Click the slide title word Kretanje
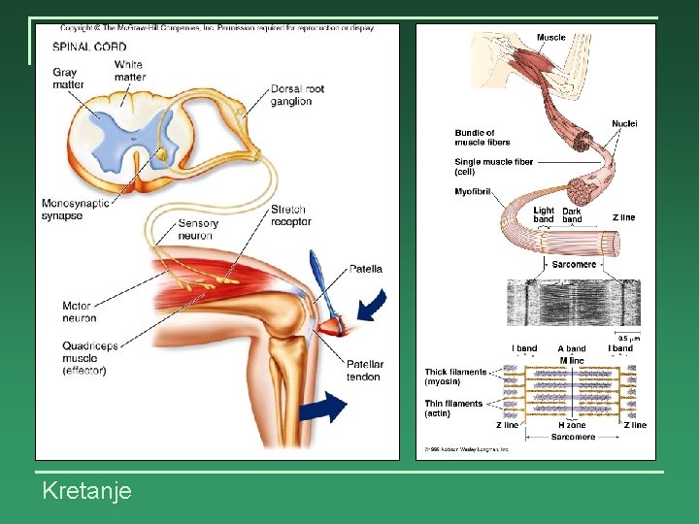point(87,492)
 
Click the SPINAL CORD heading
point(89,46)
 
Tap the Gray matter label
point(68,78)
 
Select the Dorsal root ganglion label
point(297,95)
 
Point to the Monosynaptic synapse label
point(76,210)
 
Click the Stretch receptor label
point(291,215)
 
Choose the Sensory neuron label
point(198,229)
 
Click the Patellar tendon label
point(365,371)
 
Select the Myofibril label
point(475,191)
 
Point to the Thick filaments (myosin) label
point(455,377)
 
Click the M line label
point(572,360)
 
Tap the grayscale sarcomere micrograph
point(574,303)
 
